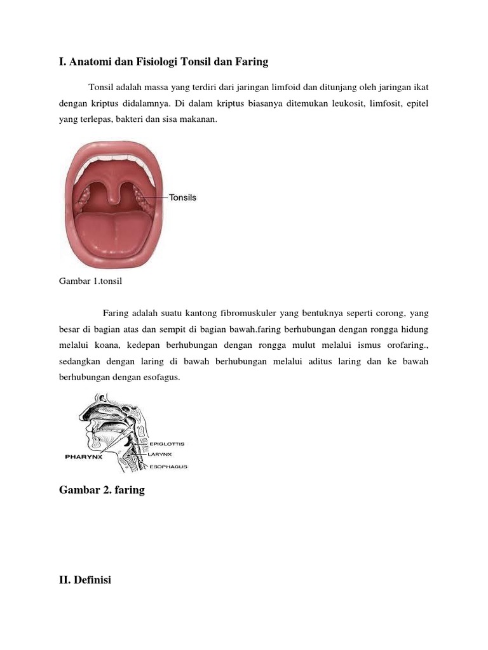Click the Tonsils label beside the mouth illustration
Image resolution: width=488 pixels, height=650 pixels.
pyautogui.click(x=183, y=197)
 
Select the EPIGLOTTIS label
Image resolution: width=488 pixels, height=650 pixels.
pyautogui.click(x=167, y=444)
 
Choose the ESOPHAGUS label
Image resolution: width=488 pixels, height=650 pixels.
pyautogui.click(x=168, y=467)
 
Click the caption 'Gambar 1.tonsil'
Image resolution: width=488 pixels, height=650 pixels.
pyautogui.click(x=90, y=283)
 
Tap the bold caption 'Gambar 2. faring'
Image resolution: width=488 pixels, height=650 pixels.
pyautogui.click(x=102, y=490)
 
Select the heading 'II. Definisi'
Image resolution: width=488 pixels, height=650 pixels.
pyautogui.click(x=85, y=579)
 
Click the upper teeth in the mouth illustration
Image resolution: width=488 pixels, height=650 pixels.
pyautogui.click(x=112, y=157)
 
